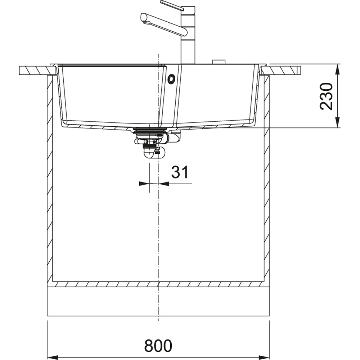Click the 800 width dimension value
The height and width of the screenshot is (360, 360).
click(158, 346)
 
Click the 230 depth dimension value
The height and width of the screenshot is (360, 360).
click(326, 96)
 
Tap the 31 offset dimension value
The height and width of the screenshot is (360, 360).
click(180, 172)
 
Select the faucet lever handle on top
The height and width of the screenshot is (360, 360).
click(172, 5)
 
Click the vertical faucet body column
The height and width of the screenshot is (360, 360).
click(188, 35)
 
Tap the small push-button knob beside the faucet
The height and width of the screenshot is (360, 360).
click(219, 62)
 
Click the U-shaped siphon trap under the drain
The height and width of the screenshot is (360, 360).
click(154, 153)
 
